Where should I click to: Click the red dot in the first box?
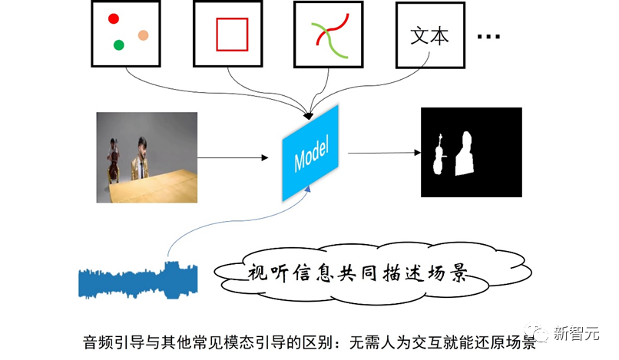click(113, 18)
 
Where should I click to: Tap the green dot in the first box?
click(119, 45)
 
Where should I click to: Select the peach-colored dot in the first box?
click(143, 35)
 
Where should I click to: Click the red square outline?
click(231, 34)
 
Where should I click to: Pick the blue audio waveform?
click(138, 281)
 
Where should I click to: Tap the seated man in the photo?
click(141, 159)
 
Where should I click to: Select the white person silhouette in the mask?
click(465, 154)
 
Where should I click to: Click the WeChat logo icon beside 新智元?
click(543, 333)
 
